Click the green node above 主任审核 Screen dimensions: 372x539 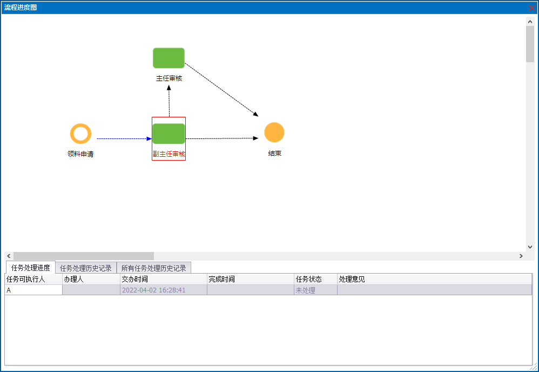point(169,58)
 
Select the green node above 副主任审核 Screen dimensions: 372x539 point(169,134)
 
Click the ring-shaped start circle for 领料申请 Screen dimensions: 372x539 point(80,134)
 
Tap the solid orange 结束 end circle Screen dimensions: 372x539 point(274,132)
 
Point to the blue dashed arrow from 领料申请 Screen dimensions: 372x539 point(123,138)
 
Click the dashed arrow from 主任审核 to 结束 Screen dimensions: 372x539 point(221,89)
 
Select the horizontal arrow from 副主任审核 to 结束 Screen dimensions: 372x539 point(221,138)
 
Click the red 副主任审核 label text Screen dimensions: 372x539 point(169,154)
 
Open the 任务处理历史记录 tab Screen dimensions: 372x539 point(86,268)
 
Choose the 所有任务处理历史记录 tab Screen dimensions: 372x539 point(153,268)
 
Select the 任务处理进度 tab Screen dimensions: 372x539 point(31,268)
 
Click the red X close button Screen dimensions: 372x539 point(531,8)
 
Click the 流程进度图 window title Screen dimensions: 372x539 point(21,8)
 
